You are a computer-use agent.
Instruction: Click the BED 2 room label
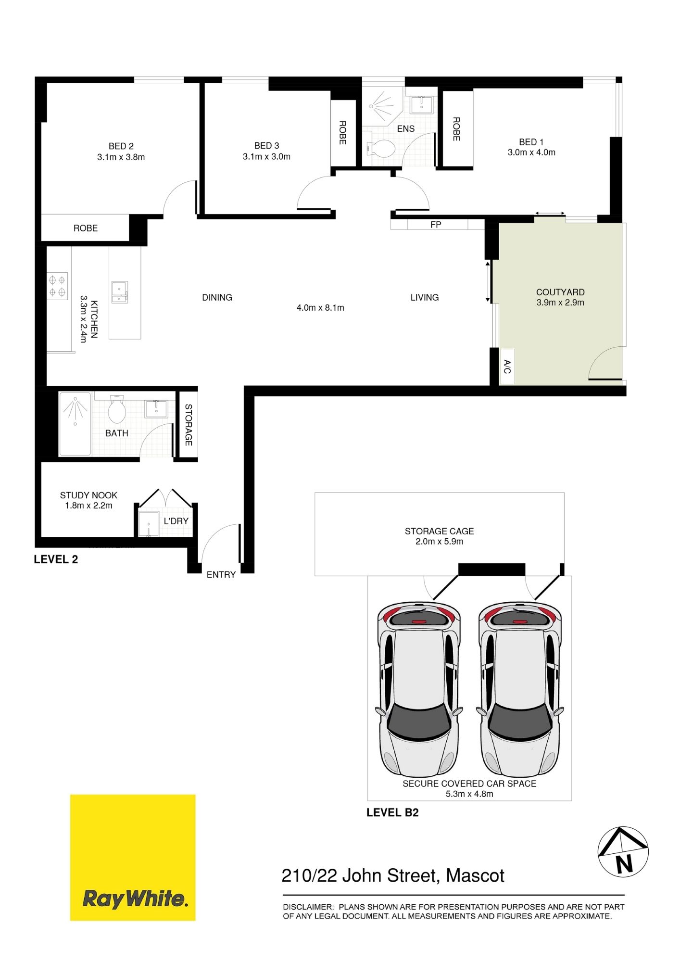pyautogui.click(x=121, y=146)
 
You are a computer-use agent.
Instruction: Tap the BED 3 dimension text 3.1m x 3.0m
pyautogui.click(x=266, y=157)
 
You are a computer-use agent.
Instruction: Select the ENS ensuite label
pyautogui.click(x=406, y=129)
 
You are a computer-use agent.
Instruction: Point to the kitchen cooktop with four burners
pyautogui.click(x=57, y=286)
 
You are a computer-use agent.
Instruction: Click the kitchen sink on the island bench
pyautogui.click(x=120, y=292)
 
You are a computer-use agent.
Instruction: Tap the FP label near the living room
pyautogui.click(x=436, y=225)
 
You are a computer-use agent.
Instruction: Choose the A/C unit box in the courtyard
pyautogui.click(x=507, y=367)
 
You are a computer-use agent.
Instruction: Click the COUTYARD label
pyautogui.click(x=560, y=292)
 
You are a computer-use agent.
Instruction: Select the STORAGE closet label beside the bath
pyautogui.click(x=189, y=425)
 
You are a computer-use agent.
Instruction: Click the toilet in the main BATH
pyautogui.click(x=117, y=409)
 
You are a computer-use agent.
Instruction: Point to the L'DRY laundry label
pyautogui.click(x=176, y=521)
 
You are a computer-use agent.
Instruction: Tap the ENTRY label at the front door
pyautogui.click(x=221, y=575)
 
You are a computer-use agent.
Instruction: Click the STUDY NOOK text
pyautogui.click(x=88, y=495)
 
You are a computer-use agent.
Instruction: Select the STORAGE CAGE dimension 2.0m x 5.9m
pyautogui.click(x=440, y=542)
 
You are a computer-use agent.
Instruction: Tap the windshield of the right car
pyautogui.click(x=520, y=721)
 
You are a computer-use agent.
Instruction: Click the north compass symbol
pyautogui.click(x=623, y=852)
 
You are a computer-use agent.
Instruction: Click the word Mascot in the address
pyautogui.click(x=475, y=876)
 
